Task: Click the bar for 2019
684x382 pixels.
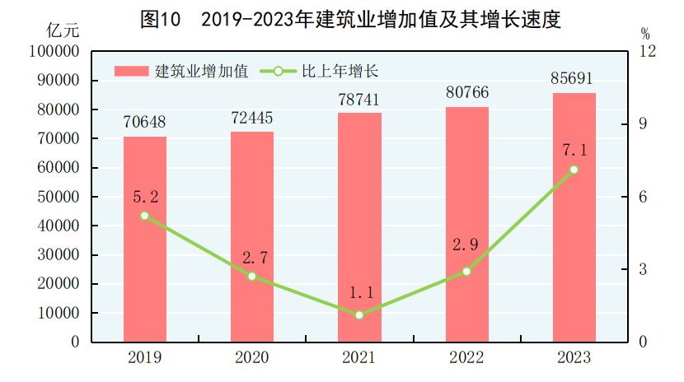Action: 145,239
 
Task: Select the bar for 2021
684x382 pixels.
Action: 359,227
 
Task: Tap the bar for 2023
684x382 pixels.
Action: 574,217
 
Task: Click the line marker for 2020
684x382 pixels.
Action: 252,277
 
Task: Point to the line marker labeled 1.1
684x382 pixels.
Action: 359,314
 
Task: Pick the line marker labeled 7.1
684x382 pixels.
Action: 574,170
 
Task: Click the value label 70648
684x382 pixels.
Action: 145,123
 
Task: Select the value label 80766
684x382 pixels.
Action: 466,94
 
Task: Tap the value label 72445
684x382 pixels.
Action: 252,118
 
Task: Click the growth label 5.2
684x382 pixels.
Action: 145,197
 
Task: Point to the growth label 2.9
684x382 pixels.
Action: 466,246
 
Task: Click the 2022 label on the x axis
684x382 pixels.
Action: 466,358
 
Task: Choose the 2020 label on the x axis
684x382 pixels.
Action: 252,358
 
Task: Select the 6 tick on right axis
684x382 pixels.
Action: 643,197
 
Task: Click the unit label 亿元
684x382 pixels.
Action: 63,31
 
